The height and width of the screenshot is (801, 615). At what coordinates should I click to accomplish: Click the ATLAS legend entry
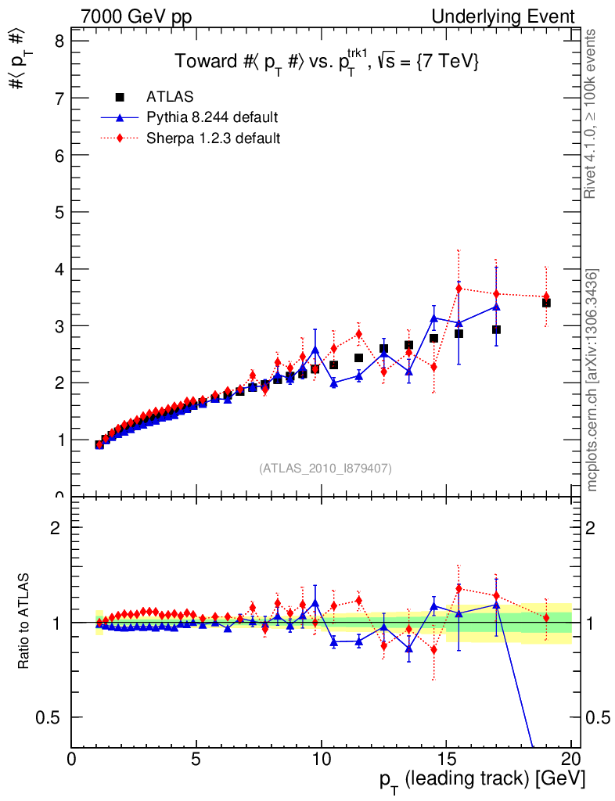[170, 97]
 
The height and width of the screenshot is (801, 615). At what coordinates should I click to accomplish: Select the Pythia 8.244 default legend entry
[212, 118]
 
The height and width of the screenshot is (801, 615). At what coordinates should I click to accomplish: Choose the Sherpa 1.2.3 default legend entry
[214, 138]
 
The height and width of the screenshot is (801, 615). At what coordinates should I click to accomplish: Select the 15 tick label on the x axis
[445, 759]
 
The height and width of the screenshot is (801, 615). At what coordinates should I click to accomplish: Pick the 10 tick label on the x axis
[321, 759]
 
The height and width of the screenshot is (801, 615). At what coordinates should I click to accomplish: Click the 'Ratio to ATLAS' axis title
[25, 622]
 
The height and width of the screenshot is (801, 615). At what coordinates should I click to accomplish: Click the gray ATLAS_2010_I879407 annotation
[325, 468]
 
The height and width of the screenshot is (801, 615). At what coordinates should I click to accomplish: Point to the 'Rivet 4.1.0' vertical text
[592, 113]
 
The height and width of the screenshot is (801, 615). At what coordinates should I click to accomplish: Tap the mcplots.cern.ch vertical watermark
[592, 380]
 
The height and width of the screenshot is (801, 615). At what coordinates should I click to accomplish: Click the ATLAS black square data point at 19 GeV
[546, 303]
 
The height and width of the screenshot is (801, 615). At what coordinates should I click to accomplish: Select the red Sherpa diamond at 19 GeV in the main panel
[546, 296]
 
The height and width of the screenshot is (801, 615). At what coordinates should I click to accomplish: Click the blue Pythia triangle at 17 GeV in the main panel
[496, 306]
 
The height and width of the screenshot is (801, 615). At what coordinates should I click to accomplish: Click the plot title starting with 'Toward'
[325, 62]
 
